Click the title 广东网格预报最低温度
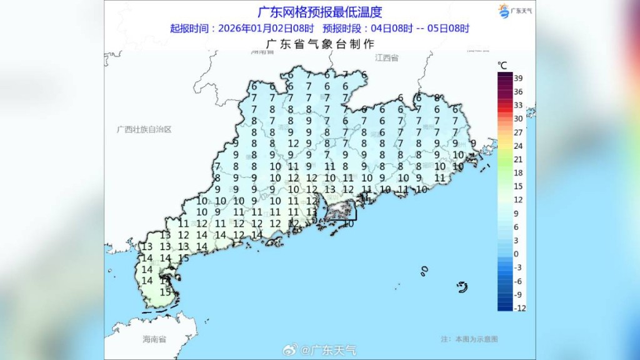click(x=319, y=12)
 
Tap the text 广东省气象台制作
click(x=319, y=44)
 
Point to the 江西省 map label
click(x=387, y=57)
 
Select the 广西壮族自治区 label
click(x=144, y=129)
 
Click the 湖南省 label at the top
click(x=262, y=52)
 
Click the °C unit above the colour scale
click(x=502, y=65)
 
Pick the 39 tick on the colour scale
click(x=519, y=78)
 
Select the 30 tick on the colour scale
click(x=519, y=119)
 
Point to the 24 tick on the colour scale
click(x=519, y=146)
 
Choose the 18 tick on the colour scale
click(x=519, y=172)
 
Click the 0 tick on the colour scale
click(x=516, y=254)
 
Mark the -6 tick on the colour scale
click(x=517, y=281)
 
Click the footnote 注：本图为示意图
click(x=469, y=339)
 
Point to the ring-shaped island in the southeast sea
click(x=462, y=287)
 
